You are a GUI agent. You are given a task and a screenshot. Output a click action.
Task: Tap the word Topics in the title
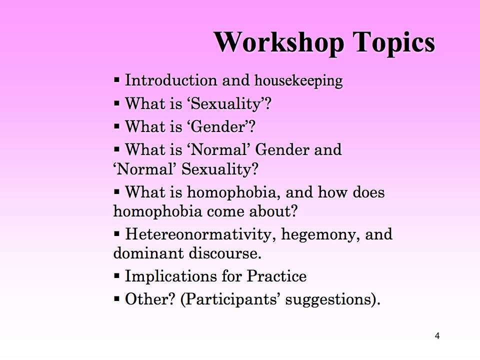393,43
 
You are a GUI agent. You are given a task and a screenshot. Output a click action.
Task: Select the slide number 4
437,336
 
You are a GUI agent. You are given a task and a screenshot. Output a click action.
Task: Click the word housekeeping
298,81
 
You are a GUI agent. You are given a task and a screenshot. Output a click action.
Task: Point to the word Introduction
171,80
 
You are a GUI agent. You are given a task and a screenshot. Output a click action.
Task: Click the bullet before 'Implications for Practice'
116,276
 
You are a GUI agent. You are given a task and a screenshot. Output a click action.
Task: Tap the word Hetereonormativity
198,234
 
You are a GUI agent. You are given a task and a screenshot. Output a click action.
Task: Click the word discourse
225,253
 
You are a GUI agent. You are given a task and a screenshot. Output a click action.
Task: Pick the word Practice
276,276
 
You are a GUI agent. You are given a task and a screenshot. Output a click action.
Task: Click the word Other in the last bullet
150,299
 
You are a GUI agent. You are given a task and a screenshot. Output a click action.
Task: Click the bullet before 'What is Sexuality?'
116,103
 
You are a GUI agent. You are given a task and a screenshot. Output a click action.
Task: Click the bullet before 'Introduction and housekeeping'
116,80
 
